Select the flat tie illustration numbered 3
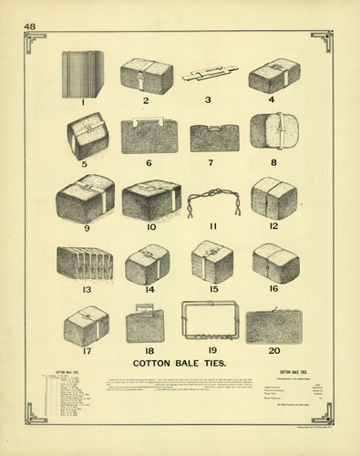pyautogui.click(x=210, y=74)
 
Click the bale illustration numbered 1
pyautogui.click(x=82, y=73)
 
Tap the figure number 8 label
pyautogui.click(x=273, y=163)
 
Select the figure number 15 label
pyautogui.click(x=212, y=289)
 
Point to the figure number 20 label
pyautogui.click(x=273, y=350)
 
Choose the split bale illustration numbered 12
pyautogui.click(x=273, y=198)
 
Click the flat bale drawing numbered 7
pyautogui.click(x=214, y=137)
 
